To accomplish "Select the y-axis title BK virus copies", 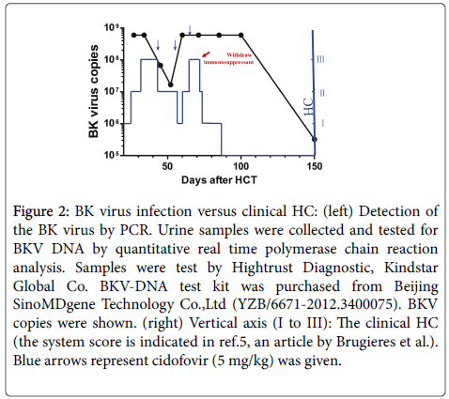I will [95, 92].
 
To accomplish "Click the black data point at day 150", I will [314, 139].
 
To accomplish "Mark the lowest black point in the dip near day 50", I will [170, 84].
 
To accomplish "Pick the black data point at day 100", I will [241, 36].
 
